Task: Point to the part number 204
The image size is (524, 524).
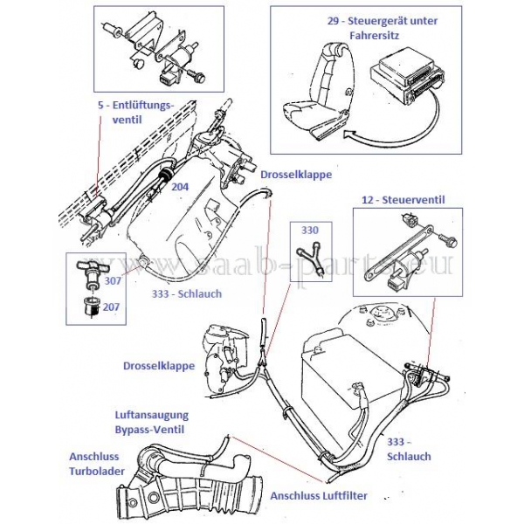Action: [180, 187]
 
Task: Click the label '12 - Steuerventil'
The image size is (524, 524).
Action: [403, 200]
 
